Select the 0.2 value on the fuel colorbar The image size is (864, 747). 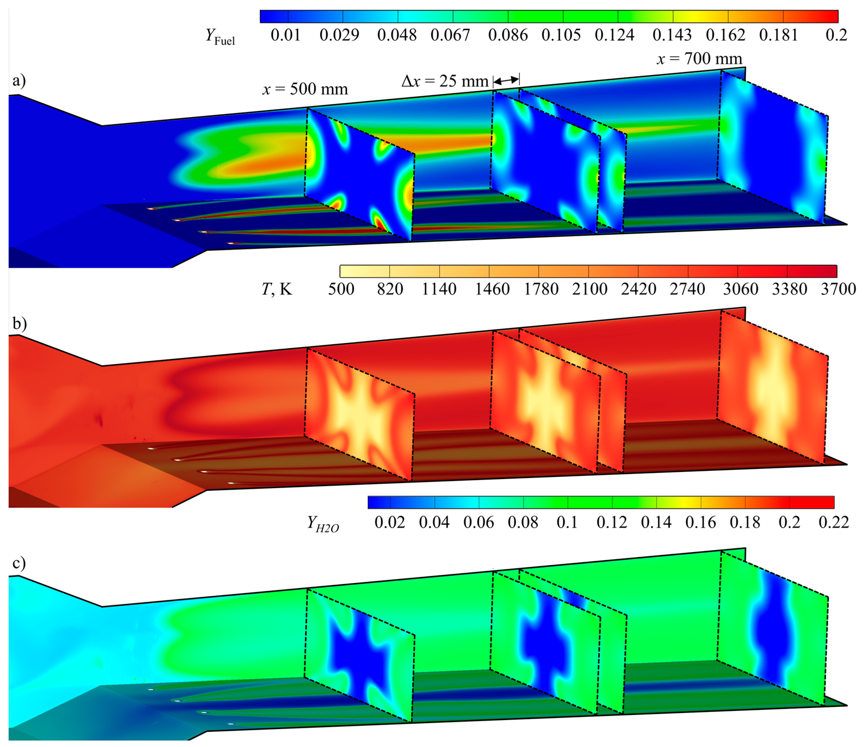pyautogui.click(x=836, y=35)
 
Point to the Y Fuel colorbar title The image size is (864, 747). pyautogui.click(x=220, y=37)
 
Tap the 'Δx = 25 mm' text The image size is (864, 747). pyautogui.click(x=445, y=81)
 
